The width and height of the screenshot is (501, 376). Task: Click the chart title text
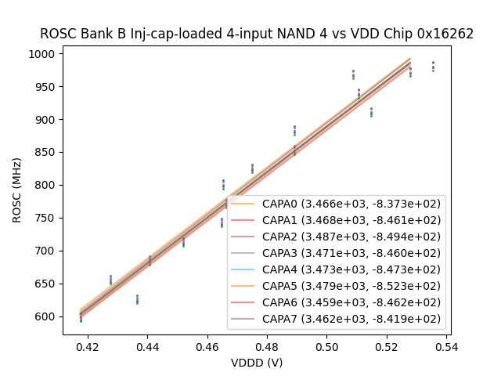(x=257, y=34)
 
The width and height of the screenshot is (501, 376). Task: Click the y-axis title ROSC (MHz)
(x=17, y=190)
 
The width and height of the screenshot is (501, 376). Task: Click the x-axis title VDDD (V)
(x=257, y=363)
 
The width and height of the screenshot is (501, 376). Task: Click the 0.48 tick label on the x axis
(x=267, y=346)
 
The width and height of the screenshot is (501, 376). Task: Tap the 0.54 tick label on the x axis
(x=446, y=346)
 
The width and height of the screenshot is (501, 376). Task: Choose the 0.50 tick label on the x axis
(x=326, y=346)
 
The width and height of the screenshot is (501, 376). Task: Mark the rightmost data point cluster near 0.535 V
(x=433, y=67)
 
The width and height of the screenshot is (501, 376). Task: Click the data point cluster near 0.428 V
(x=110, y=280)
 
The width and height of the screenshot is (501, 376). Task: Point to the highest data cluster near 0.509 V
(x=353, y=74)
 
